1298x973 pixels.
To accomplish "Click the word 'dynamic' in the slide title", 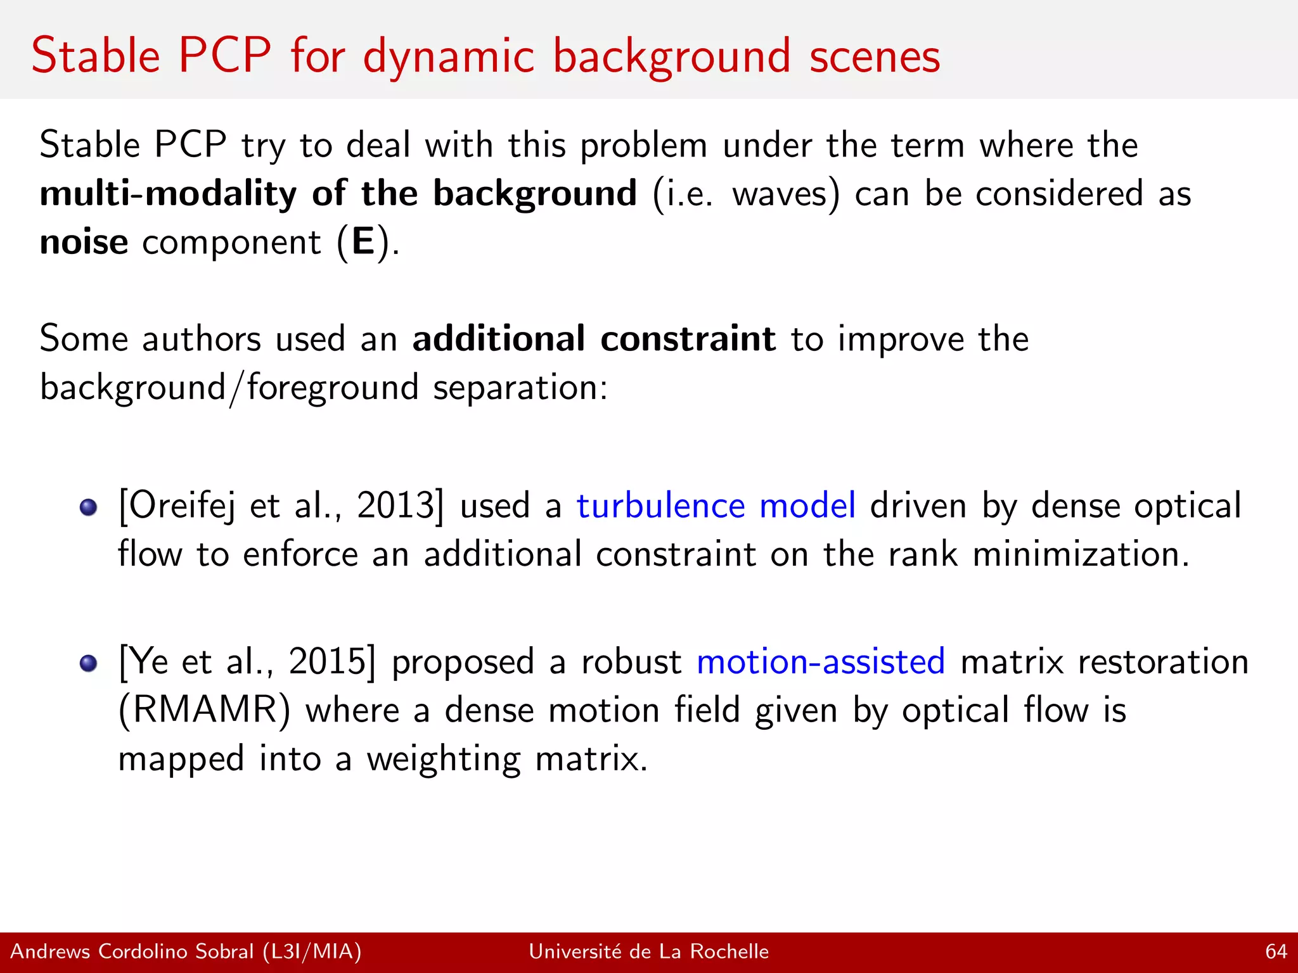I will pyautogui.click(x=449, y=57).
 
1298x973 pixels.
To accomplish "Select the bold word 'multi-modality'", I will pyautogui.click(x=168, y=194).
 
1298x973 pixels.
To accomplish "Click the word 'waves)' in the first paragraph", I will pyautogui.click(x=786, y=194).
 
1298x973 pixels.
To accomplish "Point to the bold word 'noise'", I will pyautogui.click(x=84, y=242).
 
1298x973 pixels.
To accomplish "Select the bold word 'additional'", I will pyautogui.click(x=499, y=338).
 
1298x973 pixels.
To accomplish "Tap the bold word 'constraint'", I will pyautogui.click(x=688, y=338).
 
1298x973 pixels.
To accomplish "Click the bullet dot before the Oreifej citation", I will pyautogui.click(x=89, y=507).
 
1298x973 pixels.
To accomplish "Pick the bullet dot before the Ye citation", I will pyautogui.click(x=89, y=663).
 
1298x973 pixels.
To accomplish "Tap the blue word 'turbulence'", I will pyautogui.click(x=660, y=506).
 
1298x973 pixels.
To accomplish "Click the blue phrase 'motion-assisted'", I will pyautogui.click(x=821, y=662).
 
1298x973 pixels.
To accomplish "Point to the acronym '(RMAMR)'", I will pyautogui.click(x=205, y=710).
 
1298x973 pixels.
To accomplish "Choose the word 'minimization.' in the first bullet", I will pyautogui.click(x=1081, y=554).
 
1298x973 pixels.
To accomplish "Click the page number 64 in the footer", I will pyautogui.click(x=1276, y=951).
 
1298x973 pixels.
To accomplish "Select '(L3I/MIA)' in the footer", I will pyautogui.click(x=312, y=951).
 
